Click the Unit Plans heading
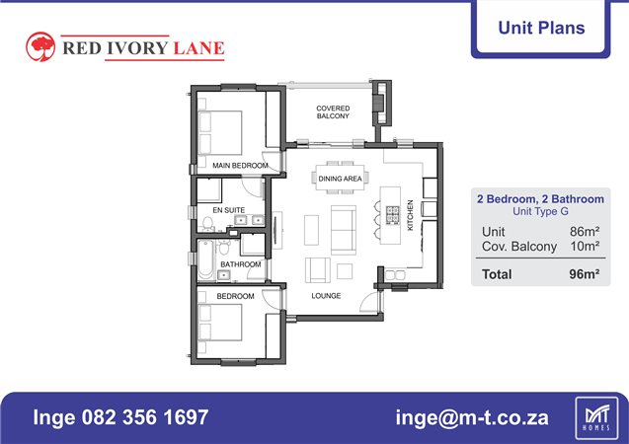click(541, 28)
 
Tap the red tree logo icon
click(40, 47)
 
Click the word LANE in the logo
click(199, 48)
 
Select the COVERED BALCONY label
click(333, 112)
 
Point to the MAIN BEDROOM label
click(240, 166)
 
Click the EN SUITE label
click(229, 210)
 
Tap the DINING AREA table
click(340, 178)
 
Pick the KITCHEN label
click(411, 215)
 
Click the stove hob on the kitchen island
click(393, 215)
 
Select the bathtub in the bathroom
click(205, 259)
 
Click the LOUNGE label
click(326, 296)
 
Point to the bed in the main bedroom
click(220, 132)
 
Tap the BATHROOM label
click(241, 264)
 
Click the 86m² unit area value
click(585, 231)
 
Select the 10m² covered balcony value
click(585, 246)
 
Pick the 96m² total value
click(585, 274)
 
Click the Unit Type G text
click(540, 211)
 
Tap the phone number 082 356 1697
click(145, 417)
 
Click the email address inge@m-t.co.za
click(472, 417)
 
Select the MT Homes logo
click(596, 418)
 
